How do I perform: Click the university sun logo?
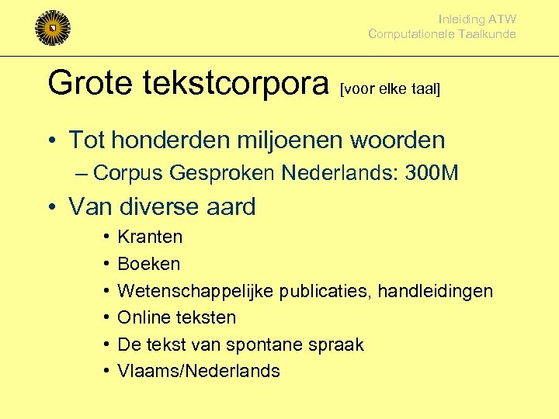tap(52, 27)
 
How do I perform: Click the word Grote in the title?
tap(89, 83)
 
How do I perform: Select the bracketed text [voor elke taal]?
tap(391, 89)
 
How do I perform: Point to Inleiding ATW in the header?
tap(477, 19)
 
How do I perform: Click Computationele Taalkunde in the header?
tap(442, 34)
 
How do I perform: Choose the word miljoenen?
tap(278, 140)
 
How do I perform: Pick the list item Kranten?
tap(150, 237)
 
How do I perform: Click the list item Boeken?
tap(148, 264)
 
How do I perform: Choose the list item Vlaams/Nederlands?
tap(198, 371)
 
